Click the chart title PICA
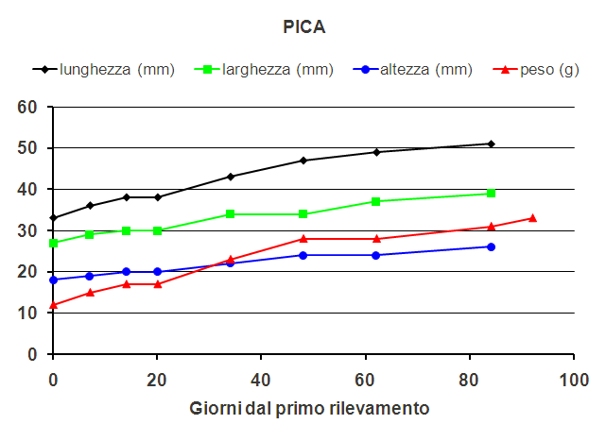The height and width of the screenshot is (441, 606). click(x=304, y=27)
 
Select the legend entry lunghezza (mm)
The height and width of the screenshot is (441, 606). click(x=116, y=69)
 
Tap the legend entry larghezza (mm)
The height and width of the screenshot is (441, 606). click(x=277, y=69)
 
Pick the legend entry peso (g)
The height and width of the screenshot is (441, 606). click(x=549, y=69)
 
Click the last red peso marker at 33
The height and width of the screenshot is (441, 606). click(x=532, y=218)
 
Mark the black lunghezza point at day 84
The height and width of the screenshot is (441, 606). click(x=491, y=144)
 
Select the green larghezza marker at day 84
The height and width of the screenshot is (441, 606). click(x=491, y=194)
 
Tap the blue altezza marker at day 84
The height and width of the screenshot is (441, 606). click(x=491, y=246)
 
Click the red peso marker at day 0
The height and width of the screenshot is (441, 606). click(x=54, y=304)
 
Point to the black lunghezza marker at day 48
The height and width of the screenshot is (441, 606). click(x=303, y=161)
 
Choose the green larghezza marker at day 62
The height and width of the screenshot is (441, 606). click(x=376, y=201)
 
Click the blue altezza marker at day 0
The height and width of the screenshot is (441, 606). click(x=54, y=280)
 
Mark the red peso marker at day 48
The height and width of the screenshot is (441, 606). click(x=303, y=239)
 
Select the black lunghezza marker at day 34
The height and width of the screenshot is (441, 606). click(x=231, y=177)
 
